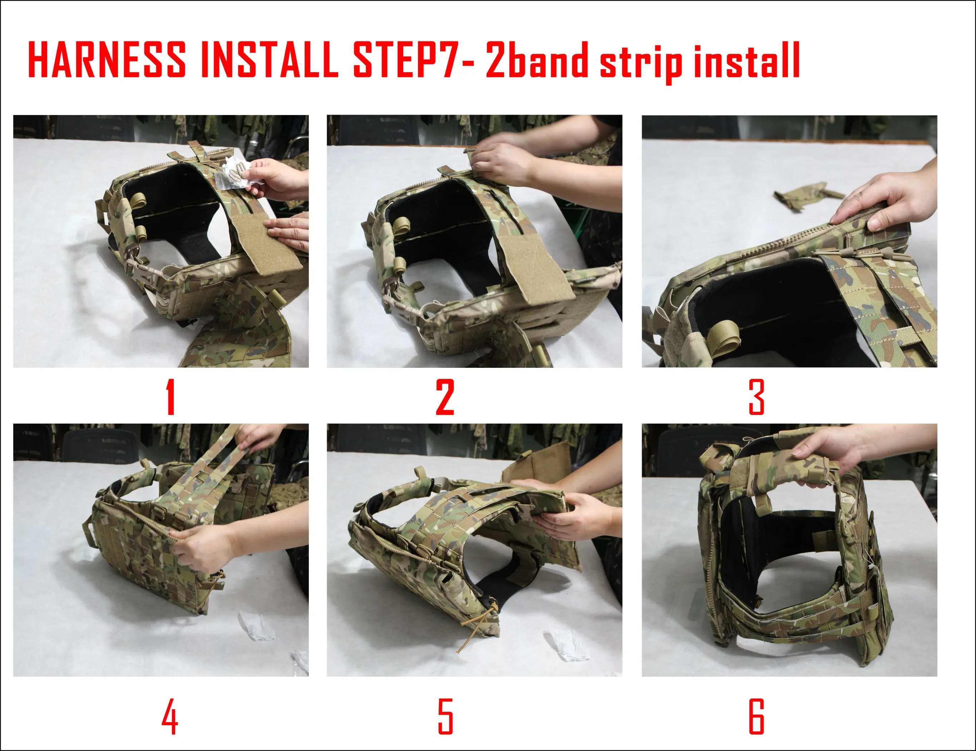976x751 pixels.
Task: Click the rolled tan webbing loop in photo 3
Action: (x=723, y=335)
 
